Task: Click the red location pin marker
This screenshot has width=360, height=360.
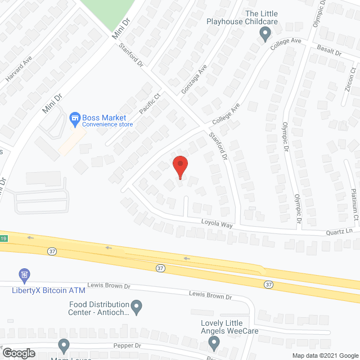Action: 179,167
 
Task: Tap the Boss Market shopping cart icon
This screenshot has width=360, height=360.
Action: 74,118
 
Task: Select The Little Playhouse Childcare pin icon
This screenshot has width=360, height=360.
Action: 265,35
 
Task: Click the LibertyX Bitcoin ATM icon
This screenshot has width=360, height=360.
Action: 24,276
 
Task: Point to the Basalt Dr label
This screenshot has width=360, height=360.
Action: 329,51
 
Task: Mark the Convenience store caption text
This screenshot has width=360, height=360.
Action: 107,124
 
